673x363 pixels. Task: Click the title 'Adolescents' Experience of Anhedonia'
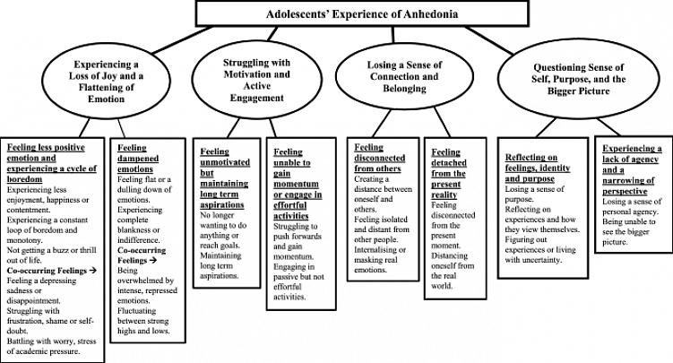click(362, 13)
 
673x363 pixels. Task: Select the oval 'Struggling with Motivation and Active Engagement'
click(256, 80)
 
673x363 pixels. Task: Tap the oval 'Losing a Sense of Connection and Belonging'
click(404, 77)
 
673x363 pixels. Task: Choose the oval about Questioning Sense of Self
click(579, 79)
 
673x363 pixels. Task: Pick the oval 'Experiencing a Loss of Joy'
click(106, 82)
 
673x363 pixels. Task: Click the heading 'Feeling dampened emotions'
click(138, 159)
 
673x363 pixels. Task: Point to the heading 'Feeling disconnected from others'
click(379, 158)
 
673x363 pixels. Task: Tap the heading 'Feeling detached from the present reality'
click(449, 173)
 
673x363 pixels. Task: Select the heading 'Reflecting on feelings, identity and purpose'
click(538, 168)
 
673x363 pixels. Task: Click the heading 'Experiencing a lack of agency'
click(632, 169)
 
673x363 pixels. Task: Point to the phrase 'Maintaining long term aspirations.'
click(220, 265)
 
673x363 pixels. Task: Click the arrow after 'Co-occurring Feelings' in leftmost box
click(92, 271)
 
